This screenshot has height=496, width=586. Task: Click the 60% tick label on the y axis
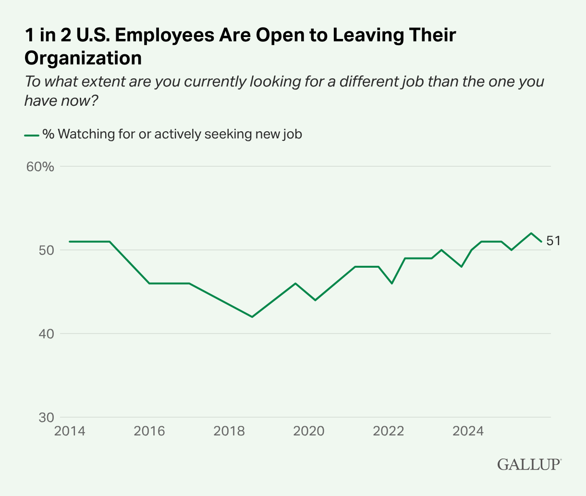point(40,167)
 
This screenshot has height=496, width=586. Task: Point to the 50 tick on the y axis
point(45,250)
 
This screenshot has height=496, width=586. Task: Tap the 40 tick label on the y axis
point(45,334)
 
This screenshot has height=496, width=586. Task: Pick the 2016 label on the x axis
point(149,431)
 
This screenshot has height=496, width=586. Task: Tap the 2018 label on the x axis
point(229,431)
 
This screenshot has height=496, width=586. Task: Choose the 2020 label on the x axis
point(309,431)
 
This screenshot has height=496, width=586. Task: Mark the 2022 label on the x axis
point(389,431)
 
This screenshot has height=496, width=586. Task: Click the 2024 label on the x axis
point(468,431)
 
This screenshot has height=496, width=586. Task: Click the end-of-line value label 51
point(553,241)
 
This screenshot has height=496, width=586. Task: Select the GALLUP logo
point(529,464)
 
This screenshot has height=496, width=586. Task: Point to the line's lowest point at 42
point(252,317)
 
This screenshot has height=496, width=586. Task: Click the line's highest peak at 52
point(531,233)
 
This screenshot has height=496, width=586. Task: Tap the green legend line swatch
point(31,135)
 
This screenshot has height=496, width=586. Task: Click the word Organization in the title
point(83,58)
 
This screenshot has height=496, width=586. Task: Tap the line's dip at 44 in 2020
point(315,300)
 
